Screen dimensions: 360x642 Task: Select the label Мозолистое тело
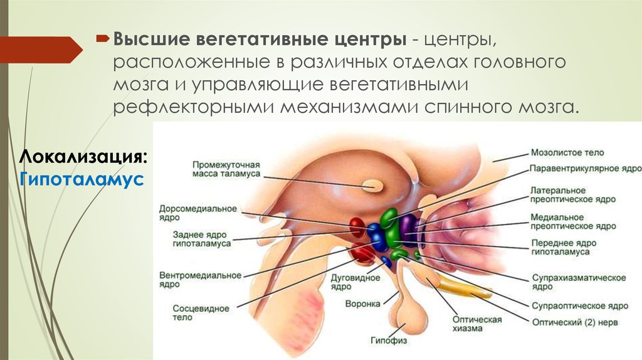coord(567,152)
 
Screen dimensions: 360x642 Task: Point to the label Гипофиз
coord(388,341)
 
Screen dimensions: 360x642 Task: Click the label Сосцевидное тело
coord(201,313)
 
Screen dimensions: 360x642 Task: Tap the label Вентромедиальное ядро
coord(200,280)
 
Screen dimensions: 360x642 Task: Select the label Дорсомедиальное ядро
coord(197,213)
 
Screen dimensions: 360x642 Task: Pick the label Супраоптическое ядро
coord(579,306)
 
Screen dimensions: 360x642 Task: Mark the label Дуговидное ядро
coord(362,282)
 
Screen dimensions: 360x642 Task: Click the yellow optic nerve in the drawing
coord(464,287)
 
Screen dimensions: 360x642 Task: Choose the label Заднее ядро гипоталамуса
coord(202,238)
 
